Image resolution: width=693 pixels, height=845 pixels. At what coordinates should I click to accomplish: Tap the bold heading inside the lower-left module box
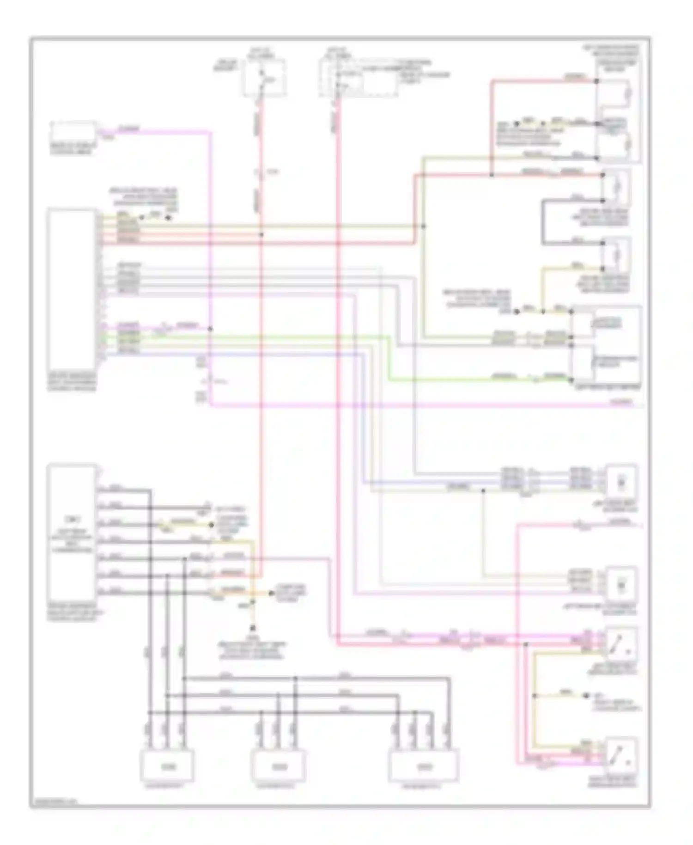[71, 519]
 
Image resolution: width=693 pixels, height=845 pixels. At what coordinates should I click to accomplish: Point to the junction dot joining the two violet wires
[210, 329]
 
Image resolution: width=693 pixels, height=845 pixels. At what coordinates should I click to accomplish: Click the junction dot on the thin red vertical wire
[261, 235]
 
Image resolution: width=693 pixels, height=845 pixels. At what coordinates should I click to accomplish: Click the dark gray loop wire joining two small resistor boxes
[544, 222]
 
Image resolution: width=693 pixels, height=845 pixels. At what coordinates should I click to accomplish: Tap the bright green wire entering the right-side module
[462, 380]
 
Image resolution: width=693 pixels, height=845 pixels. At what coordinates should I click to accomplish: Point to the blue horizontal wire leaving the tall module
[231, 354]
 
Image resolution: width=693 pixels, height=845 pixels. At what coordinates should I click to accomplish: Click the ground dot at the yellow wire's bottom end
[253, 628]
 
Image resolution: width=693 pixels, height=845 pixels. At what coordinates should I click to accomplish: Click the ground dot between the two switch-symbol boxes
[586, 696]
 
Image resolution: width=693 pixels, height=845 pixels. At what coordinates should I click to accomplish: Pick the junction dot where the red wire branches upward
[492, 175]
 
